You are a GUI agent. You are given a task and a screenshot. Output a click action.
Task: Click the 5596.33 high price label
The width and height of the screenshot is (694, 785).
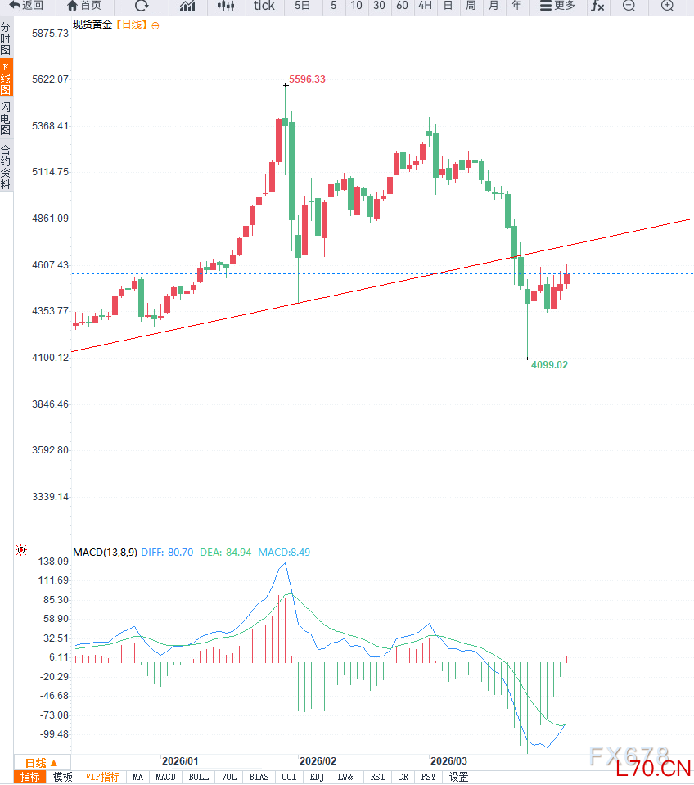point(307,79)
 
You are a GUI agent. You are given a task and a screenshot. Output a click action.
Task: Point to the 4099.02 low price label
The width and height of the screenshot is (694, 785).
point(549,365)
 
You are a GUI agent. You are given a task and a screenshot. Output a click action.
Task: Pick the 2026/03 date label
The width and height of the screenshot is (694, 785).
point(448,760)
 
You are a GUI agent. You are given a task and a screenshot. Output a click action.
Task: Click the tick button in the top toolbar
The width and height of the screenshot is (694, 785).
point(264,7)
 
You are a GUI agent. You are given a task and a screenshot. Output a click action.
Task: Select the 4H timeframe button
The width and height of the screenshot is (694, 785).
point(425,7)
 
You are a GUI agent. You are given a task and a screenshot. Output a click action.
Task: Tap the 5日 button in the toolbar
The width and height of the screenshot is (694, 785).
point(303,7)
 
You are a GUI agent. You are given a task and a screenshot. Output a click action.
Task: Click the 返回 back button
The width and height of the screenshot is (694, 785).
point(27,7)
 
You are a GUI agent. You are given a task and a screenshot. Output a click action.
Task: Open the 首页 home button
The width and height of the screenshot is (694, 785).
point(84,7)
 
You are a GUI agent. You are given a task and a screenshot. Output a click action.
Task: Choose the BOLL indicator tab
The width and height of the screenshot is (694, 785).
point(198,777)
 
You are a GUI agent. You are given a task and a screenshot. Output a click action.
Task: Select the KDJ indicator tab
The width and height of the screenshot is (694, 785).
point(317,777)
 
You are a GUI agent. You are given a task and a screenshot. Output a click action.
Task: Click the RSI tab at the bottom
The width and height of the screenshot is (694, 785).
point(377,777)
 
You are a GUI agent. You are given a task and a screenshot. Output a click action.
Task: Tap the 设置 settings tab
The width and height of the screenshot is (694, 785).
point(458,777)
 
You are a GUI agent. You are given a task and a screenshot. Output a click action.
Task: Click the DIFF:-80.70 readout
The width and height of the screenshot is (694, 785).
point(167,553)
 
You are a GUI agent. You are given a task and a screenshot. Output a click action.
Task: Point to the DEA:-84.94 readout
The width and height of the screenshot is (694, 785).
point(225,553)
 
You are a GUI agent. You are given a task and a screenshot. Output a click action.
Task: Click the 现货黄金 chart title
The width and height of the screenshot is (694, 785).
point(92,25)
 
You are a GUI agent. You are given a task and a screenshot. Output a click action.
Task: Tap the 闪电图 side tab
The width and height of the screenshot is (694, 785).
point(6,119)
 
